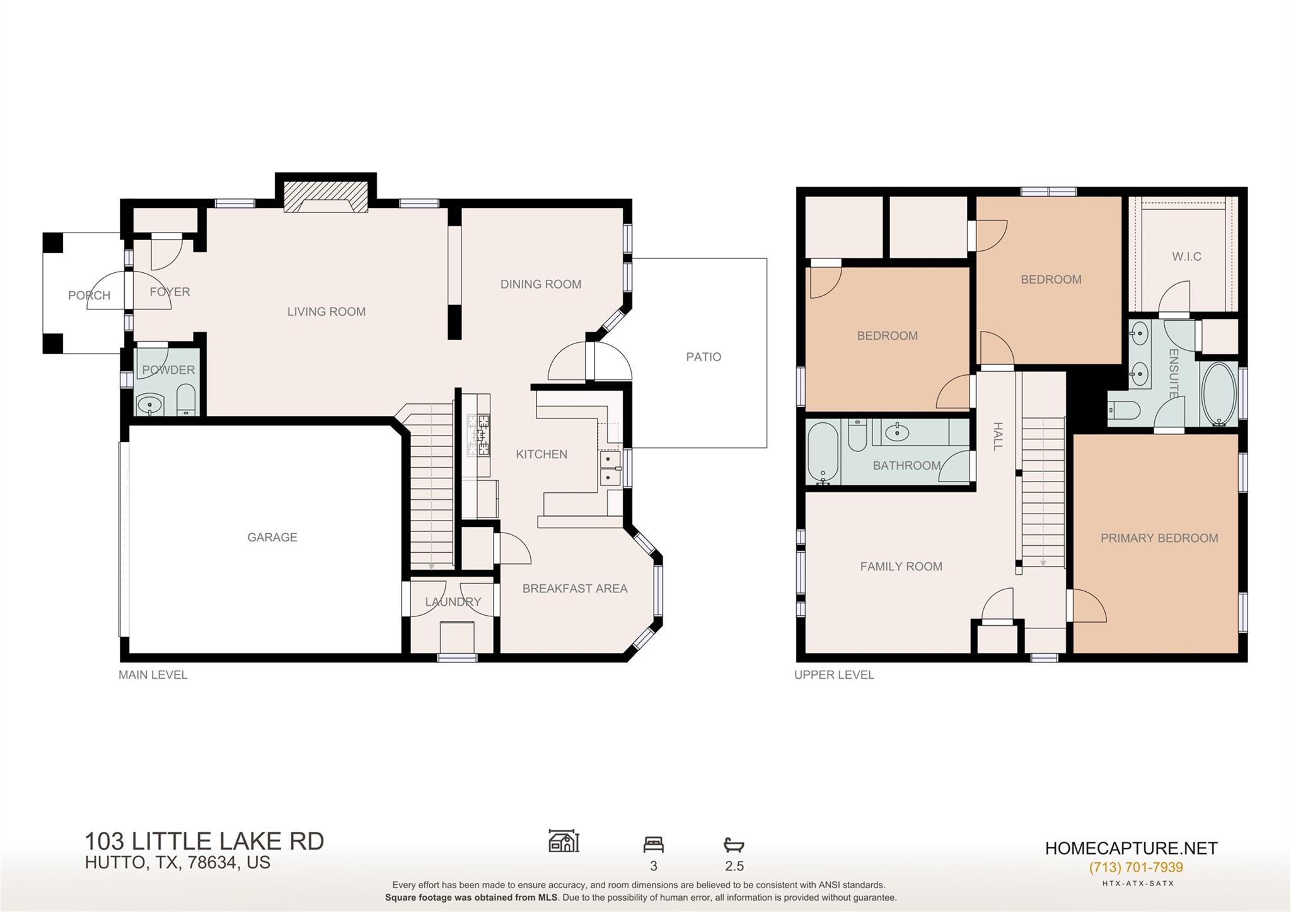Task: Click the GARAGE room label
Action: click(x=272, y=537)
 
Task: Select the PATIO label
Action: click(x=703, y=357)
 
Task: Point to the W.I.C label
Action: click(x=1186, y=257)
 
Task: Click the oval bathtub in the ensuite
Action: click(x=1220, y=395)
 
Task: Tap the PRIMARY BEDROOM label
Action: click(x=1159, y=538)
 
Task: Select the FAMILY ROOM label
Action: click(x=901, y=567)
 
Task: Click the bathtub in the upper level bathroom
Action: click(x=823, y=452)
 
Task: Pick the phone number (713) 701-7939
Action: click(x=1135, y=867)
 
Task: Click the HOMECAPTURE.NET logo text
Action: click(x=1131, y=848)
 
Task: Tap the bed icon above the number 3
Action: click(x=653, y=845)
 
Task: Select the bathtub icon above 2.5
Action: click(x=734, y=845)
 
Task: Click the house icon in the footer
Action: click(x=564, y=841)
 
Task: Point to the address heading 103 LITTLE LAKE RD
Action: click(x=204, y=841)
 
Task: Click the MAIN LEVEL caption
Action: click(x=153, y=675)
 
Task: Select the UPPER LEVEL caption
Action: click(x=834, y=675)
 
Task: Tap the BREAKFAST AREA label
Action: click(x=575, y=589)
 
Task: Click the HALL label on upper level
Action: click(x=997, y=436)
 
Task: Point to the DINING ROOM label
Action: click(x=541, y=284)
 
